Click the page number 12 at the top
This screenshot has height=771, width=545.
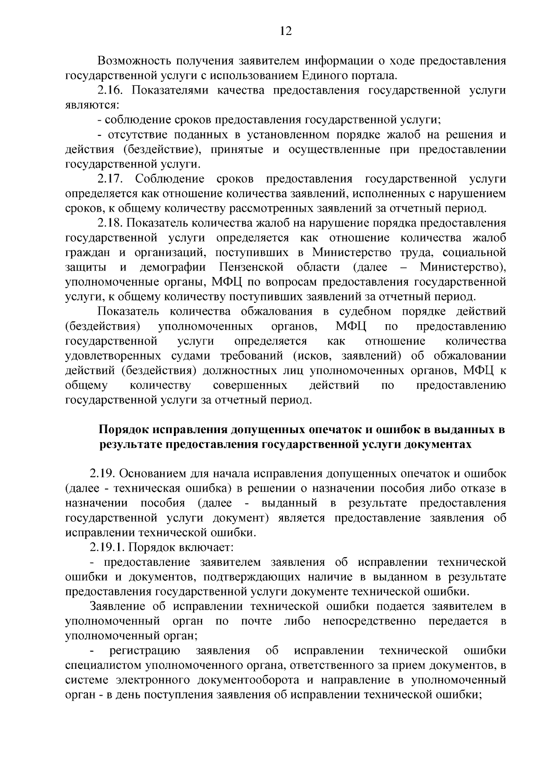pyautogui.click(x=286, y=31)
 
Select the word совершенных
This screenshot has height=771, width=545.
pyautogui.click(x=250, y=385)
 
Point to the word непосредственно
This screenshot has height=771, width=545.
pyautogui.click(x=369, y=621)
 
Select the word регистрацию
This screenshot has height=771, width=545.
pyautogui.click(x=145, y=651)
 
